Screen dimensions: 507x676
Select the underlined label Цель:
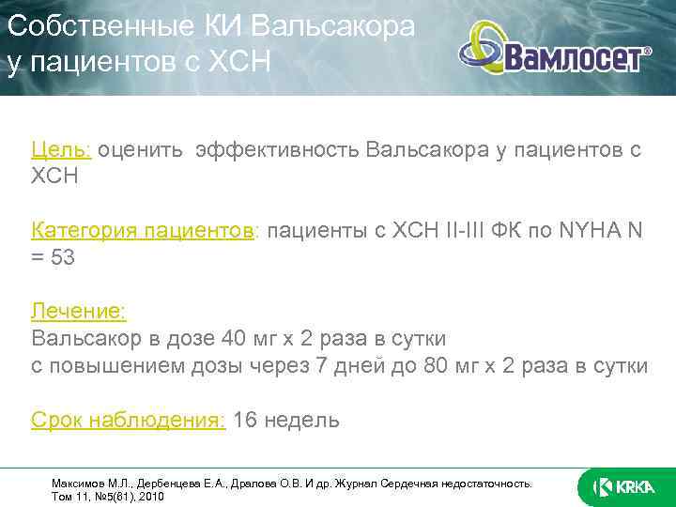click(x=60, y=149)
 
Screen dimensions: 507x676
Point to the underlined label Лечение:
click(x=78, y=311)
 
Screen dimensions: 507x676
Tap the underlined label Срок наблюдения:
click(x=128, y=419)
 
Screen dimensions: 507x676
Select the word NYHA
click(x=588, y=230)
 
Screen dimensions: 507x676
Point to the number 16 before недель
click(x=245, y=419)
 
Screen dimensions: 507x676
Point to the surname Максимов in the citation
click(x=76, y=482)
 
